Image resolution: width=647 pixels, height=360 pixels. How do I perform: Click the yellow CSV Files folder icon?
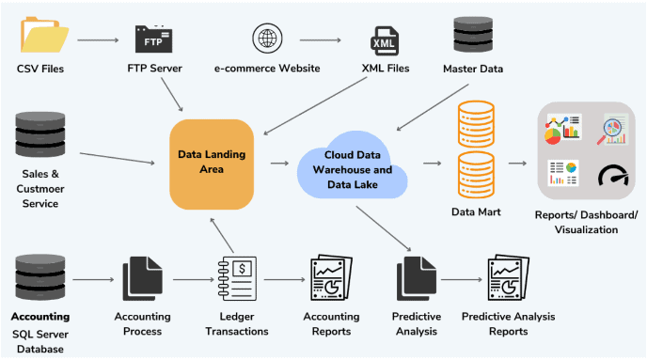point(43,37)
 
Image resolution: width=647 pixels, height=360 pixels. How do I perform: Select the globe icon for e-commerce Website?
point(267,39)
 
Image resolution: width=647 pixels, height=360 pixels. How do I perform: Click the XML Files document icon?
point(386,39)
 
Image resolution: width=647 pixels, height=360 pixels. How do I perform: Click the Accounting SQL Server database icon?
point(39,278)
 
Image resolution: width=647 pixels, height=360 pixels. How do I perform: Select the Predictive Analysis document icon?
point(415,279)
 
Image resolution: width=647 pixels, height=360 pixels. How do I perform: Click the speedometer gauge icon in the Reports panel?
point(614,175)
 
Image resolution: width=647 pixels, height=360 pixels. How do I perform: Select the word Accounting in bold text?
point(40,317)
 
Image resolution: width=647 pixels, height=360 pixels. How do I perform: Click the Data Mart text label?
point(476,212)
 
